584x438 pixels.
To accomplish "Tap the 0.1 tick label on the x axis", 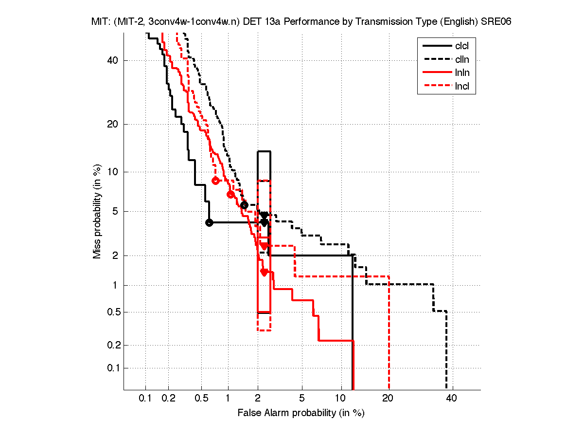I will coord(145,399).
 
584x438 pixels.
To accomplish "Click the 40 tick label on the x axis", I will coord(451,399).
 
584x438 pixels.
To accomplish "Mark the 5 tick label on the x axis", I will coord(302,399).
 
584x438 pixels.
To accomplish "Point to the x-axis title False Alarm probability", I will coord(301,413).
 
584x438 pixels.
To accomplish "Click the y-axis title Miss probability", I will coord(98,211).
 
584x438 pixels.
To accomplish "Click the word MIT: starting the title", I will coord(100,22).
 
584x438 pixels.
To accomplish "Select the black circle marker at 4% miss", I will coord(209,222).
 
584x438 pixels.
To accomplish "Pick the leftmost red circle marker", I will coord(216,181).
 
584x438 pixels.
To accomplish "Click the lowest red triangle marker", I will coord(264,272).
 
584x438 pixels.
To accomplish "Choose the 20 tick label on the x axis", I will coord(388,399).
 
